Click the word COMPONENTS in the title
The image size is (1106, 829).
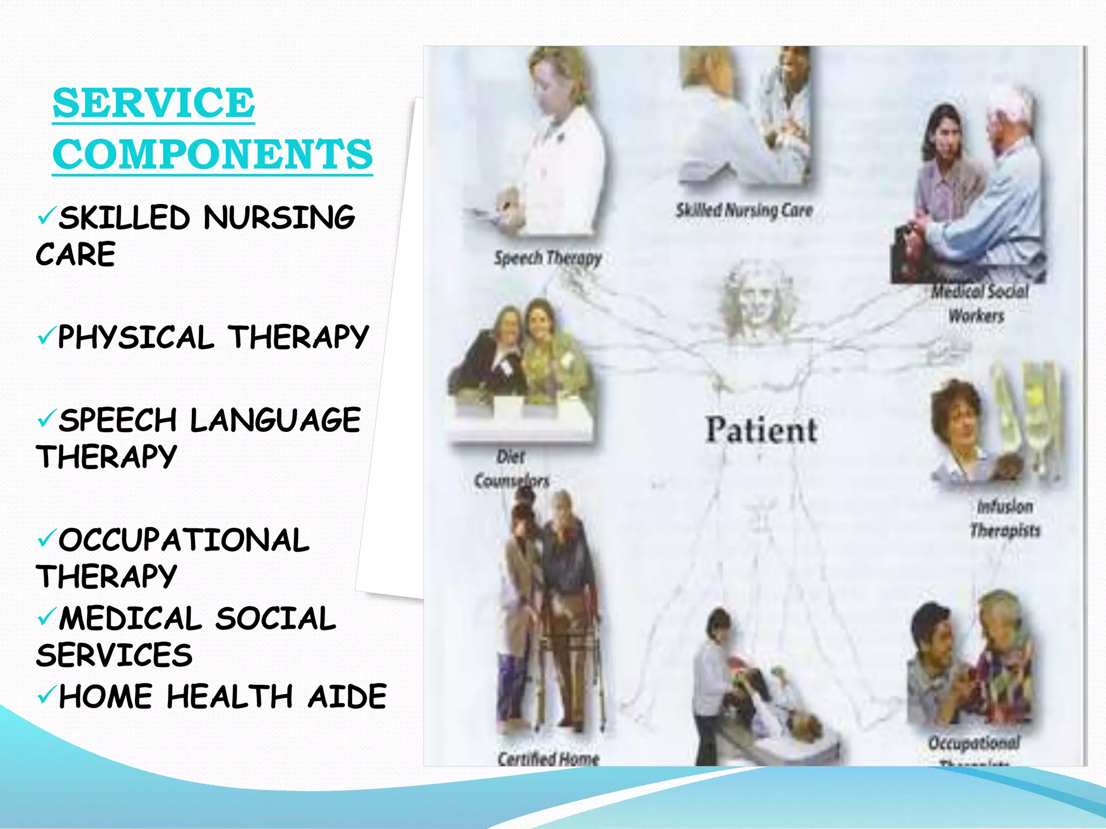pyautogui.click(x=213, y=154)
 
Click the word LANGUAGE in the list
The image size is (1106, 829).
pyautogui.click(x=275, y=420)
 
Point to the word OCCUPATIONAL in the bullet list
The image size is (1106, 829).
pyautogui.click(x=184, y=540)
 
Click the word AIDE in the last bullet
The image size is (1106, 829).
pyautogui.click(x=347, y=696)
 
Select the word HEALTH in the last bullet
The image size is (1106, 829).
pyautogui.click(x=230, y=696)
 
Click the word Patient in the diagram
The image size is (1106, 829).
pyautogui.click(x=761, y=430)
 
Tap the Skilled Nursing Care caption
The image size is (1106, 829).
pyautogui.click(x=744, y=210)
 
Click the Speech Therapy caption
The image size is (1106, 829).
pyautogui.click(x=548, y=258)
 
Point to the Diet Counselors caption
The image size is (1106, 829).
pyautogui.click(x=511, y=468)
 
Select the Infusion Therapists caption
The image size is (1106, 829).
pyautogui.click(x=1004, y=518)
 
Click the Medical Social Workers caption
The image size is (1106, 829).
pyautogui.click(x=979, y=303)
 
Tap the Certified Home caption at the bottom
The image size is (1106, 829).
pyautogui.click(x=548, y=758)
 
